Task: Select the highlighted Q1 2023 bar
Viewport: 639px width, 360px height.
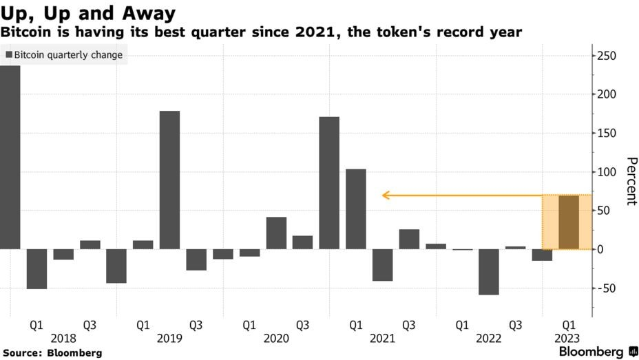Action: (x=568, y=222)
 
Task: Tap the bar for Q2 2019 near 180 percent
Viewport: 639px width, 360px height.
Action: (x=169, y=180)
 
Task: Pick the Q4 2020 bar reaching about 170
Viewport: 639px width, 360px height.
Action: (x=329, y=182)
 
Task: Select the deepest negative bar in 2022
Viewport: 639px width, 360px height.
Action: (x=489, y=271)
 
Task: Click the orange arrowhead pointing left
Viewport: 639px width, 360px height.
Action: (x=386, y=195)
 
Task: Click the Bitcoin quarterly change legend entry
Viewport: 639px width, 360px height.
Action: (x=63, y=55)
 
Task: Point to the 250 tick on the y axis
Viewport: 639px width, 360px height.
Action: (x=606, y=56)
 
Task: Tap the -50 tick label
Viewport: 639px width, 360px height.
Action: (x=605, y=288)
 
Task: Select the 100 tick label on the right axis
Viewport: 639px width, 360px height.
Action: (x=606, y=172)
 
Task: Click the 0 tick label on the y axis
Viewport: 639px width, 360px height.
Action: (x=600, y=249)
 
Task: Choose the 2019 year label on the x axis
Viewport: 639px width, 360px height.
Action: (x=169, y=339)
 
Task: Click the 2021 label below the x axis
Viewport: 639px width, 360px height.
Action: (x=382, y=339)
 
